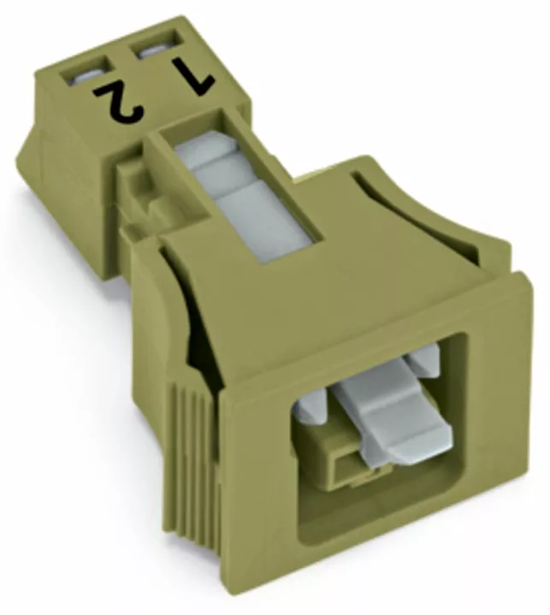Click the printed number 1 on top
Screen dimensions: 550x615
(x=195, y=75)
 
